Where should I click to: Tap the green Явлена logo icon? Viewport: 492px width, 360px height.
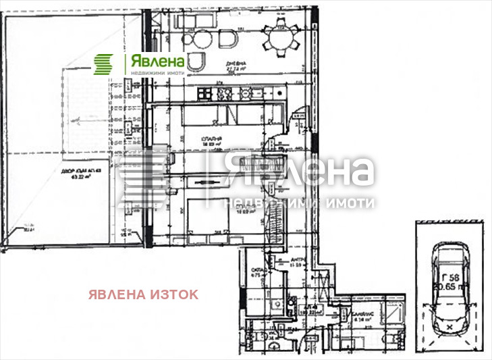tap(104, 65)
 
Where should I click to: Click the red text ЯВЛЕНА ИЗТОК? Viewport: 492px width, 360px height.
tap(144, 294)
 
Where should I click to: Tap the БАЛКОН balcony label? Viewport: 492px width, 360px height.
tap(358, 315)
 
